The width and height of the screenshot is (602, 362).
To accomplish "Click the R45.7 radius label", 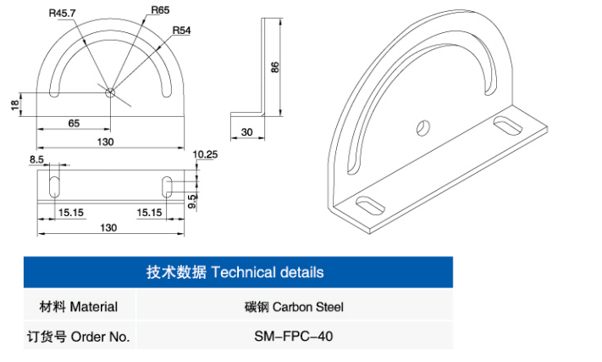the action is click(x=62, y=13).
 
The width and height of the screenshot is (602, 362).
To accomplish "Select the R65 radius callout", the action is click(x=160, y=10).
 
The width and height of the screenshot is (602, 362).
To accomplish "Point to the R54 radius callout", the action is click(x=181, y=30).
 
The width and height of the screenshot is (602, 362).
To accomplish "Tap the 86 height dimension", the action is click(x=275, y=67).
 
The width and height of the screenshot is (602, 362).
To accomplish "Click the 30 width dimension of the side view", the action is click(x=247, y=132).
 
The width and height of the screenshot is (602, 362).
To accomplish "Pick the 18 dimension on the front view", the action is click(x=15, y=105).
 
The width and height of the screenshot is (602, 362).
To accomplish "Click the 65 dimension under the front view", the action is click(x=74, y=123).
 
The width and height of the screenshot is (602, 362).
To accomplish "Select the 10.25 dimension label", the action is click(x=205, y=154).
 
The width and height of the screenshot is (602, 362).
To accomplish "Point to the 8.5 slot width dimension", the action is click(x=36, y=159).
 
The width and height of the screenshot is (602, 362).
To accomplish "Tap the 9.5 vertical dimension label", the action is click(x=192, y=202).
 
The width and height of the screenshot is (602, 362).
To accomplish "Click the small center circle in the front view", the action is click(x=110, y=92).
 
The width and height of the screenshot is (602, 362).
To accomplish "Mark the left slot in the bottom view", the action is click(x=55, y=187).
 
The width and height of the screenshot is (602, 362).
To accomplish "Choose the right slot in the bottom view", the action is click(x=167, y=187).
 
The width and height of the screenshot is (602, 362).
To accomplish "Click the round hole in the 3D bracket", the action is click(x=423, y=128).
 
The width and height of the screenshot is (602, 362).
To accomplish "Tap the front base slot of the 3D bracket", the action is click(x=370, y=206).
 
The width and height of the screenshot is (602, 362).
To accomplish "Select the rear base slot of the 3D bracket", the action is click(x=507, y=125).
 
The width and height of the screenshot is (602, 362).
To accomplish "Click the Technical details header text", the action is click(x=235, y=272).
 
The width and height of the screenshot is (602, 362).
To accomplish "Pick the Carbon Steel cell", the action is click(x=294, y=307).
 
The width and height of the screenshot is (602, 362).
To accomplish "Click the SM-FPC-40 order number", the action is click(x=294, y=337).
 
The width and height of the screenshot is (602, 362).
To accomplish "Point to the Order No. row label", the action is click(x=79, y=337).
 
